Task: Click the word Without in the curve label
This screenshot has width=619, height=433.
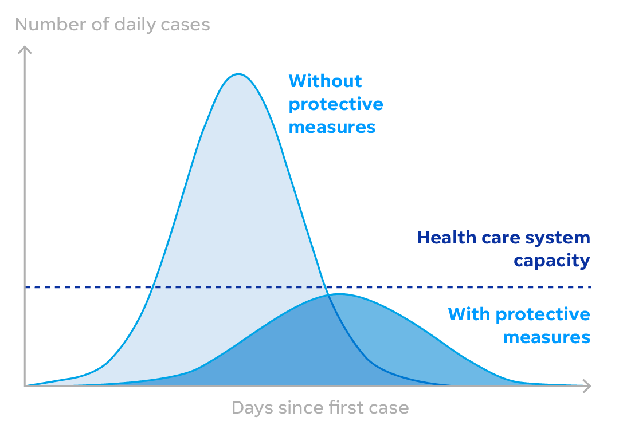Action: pos(325,81)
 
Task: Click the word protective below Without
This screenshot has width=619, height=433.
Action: pos(336,105)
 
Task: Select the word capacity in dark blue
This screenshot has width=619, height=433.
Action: pos(551,261)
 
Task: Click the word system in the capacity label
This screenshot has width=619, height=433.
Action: pos(558,238)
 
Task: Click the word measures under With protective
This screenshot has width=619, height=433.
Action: pos(546,337)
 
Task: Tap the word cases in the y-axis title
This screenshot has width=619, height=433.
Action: pos(186,25)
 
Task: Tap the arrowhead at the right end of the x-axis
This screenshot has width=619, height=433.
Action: pos(587,386)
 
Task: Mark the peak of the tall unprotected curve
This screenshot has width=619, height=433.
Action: pos(238,74)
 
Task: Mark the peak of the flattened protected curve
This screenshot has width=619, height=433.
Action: pos(339,294)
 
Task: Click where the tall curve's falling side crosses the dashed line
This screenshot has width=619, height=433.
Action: pos(325,286)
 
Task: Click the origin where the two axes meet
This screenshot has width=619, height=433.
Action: pos(25,386)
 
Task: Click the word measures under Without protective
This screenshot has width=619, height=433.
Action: pos(332,127)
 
